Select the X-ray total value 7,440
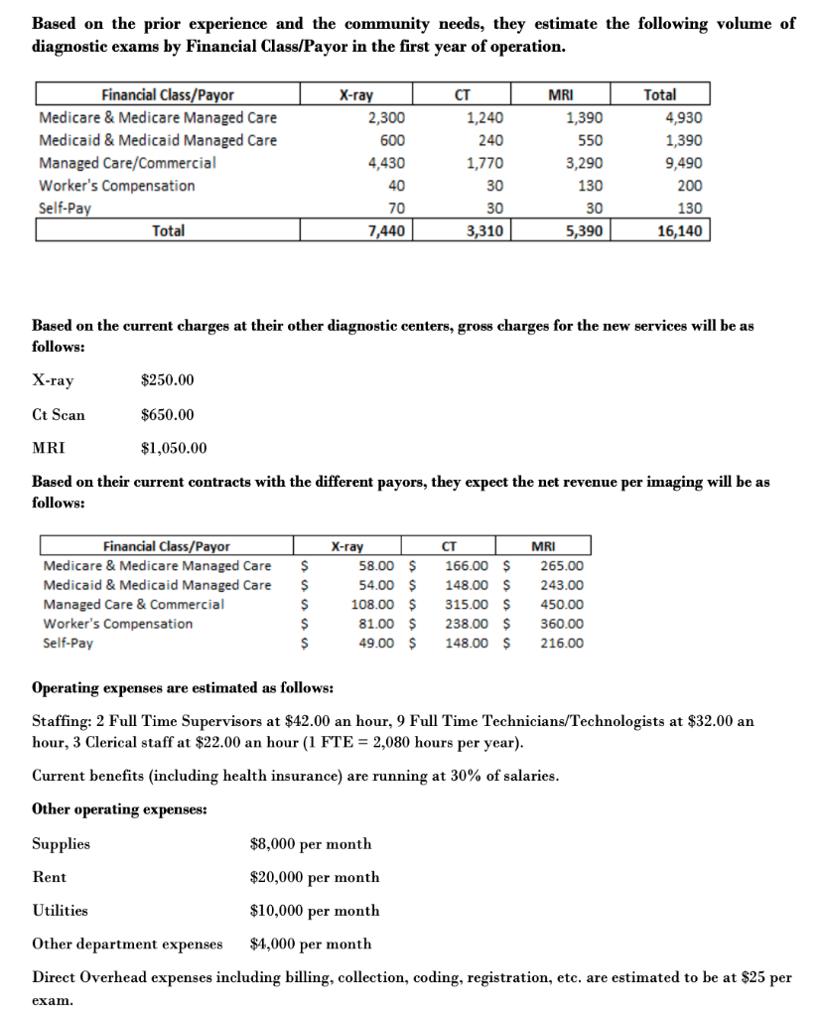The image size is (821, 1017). (x=385, y=231)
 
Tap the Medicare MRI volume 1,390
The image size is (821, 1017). (x=584, y=118)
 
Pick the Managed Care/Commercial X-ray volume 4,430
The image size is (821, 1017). (x=385, y=163)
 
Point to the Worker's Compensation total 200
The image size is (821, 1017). (x=687, y=186)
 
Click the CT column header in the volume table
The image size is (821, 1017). (x=462, y=95)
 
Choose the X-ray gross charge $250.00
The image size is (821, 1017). (x=168, y=380)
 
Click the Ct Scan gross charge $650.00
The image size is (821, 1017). (x=168, y=414)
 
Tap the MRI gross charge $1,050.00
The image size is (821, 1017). (x=175, y=448)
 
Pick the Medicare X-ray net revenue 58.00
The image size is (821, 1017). (x=378, y=565)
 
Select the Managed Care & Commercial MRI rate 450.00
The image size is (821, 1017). (x=562, y=604)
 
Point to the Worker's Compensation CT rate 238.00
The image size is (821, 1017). (x=467, y=624)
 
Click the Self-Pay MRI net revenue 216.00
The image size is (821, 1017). (x=562, y=643)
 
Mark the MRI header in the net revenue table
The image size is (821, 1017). (x=543, y=546)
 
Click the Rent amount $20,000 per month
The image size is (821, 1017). (x=314, y=877)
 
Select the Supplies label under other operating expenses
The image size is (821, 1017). (x=62, y=843)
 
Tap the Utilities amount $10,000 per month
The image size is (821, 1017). (x=314, y=910)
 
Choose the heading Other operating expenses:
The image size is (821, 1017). (x=120, y=809)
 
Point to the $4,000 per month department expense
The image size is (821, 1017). (x=311, y=944)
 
